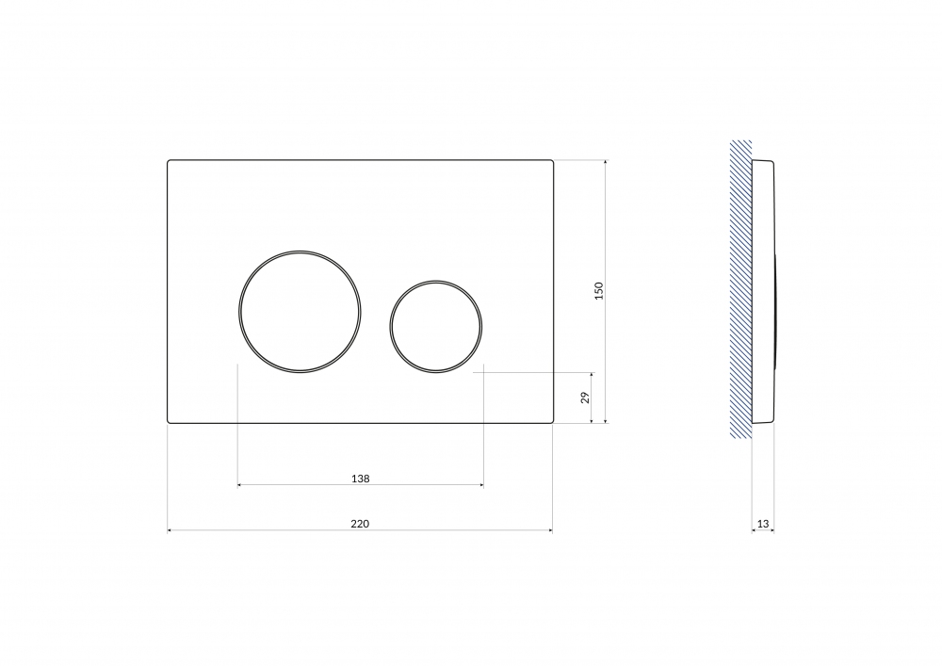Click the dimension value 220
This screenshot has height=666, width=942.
pyautogui.click(x=360, y=524)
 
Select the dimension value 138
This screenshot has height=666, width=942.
pyautogui.click(x=361, y=479)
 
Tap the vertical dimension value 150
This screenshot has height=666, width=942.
pyautogui.click(x=598, y=291)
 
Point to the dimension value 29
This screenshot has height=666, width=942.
pyautogui.click(x=585, y=397)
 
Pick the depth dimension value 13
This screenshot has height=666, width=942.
pyautogui.click(x=763, y=524)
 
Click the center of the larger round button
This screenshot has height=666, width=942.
pyautogui.click(x=300, y=312)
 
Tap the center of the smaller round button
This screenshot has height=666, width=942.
pyautogui.click(x=435, y=327)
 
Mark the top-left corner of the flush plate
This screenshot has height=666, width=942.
pyautogui.click(x=168, y=160)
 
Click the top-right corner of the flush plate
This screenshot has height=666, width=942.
pyautogui.click(x=553, y=160)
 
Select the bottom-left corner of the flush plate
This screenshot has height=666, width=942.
pyautogui.click(x=168, y=423)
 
